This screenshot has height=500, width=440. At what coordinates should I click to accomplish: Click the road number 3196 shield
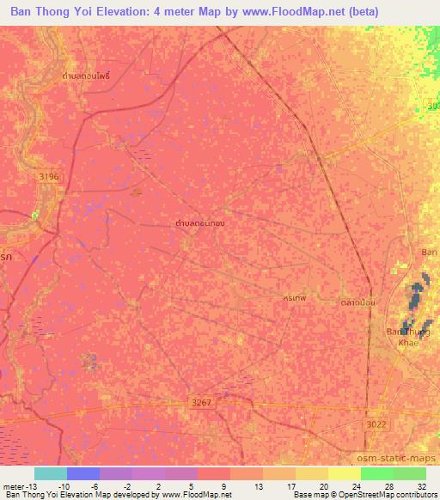coord(50,176)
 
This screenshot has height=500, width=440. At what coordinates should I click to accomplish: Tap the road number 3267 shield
coord(201,401)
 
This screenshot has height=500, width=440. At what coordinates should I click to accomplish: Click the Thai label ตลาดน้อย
coord(353,302)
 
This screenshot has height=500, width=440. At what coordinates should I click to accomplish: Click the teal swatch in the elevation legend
coord(50,473)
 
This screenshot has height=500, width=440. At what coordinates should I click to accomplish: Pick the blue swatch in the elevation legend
coord(82,473)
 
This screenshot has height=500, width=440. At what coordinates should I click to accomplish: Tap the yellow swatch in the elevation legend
coord(344,473)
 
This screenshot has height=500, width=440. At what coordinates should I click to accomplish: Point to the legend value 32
coord(420,485)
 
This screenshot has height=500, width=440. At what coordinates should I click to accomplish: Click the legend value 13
coord(257,485)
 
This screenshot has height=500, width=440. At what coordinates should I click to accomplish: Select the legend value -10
coord(64,485)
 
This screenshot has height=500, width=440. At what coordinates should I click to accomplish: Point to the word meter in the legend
coord(16,485)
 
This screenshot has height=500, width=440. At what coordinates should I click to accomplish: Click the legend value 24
coord(355,485)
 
